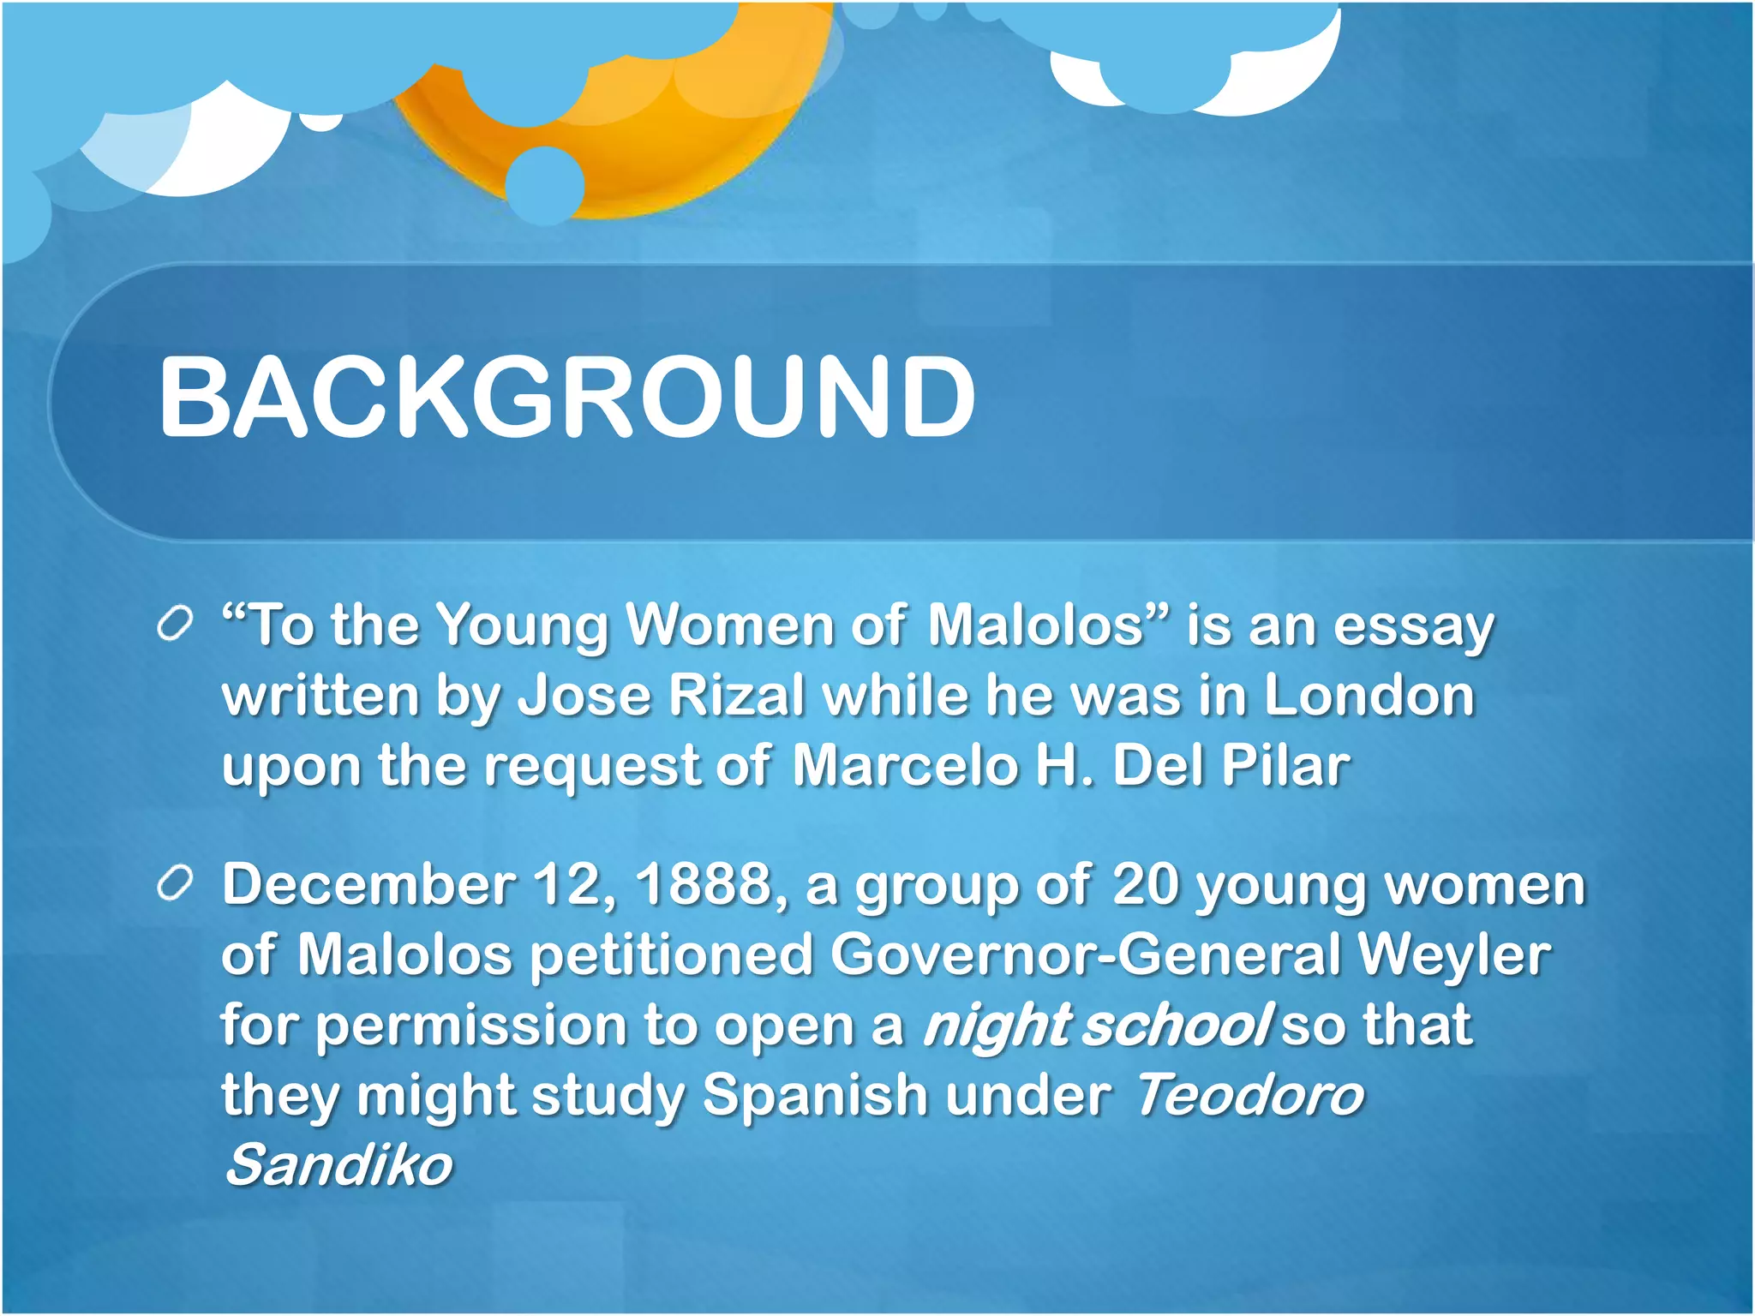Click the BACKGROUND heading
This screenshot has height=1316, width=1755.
tap(566, 398)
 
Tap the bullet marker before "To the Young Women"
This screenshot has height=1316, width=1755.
tap(174, 625)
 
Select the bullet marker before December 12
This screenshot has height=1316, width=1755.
tap(174, 885)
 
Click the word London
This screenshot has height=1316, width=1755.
tap(1369, 695)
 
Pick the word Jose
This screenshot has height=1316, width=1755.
tap(585, 695)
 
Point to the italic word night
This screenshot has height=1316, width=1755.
tap(997, 1026)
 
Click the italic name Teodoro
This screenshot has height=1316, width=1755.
tap(1249, 1096)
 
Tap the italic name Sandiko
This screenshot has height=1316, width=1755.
tap(338, 1165)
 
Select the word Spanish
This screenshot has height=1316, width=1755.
tap(815, 1096)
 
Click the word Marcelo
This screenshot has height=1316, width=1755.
tap(904, 765)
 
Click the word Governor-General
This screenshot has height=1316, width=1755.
tap(1085, 955)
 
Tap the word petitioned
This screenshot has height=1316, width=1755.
tap(671, 955)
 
